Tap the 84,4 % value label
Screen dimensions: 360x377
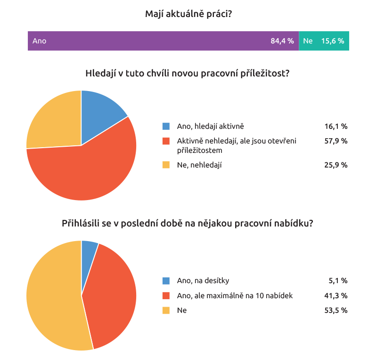pyautogui.click(x=282, y=41)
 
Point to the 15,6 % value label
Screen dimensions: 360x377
pyautogui.click(x=333, y=41)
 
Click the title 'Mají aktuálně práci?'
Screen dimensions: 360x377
pyautogui.click(x=188, y=14)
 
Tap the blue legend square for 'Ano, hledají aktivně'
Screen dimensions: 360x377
pyautogui.click(x=166, y=126)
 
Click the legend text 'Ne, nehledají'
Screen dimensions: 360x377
pyautogui.click(x=199, y=165)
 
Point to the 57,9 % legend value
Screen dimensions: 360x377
pyautogui.click(x=336, y=141)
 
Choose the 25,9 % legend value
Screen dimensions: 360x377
pyautogui.click(x=336, y=165)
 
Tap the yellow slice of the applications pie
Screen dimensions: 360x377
pyautogui.click(x=52, y=297)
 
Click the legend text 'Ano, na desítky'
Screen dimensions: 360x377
pyautogui.click(x=203, y=281)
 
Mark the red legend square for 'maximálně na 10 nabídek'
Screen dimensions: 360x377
pyautogui.click(x=166, y=296)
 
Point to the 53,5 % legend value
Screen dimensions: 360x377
pyautogui.click(x=336, y=310)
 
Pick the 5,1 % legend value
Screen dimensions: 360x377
pyautogui.click(x=338, y=281)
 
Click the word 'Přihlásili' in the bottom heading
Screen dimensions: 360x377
pyautogui.click(x=81, y=224)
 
